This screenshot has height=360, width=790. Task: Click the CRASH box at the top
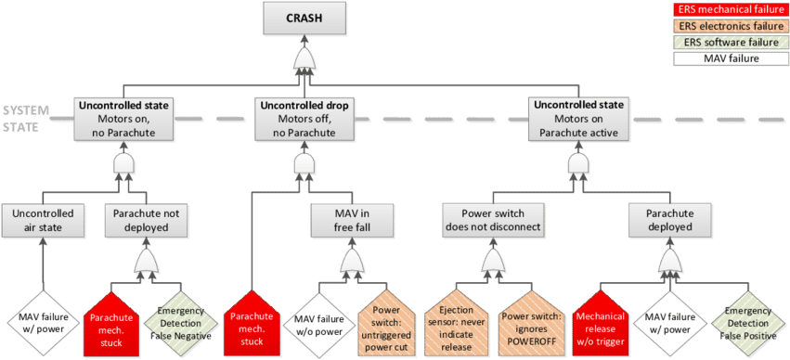tap(304, 19)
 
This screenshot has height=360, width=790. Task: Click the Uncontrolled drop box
tap(304, 120)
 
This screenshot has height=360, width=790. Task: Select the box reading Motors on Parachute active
tap(577, 120)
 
